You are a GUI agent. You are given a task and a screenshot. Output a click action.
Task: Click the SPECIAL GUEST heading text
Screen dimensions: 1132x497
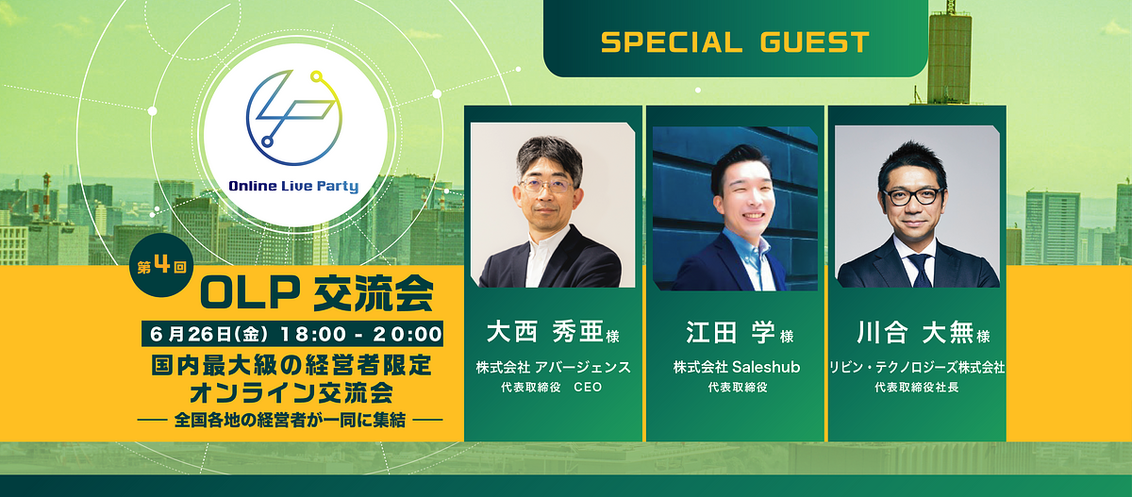coord(735,41)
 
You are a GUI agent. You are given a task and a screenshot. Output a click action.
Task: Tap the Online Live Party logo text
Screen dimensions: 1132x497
coord(293,186)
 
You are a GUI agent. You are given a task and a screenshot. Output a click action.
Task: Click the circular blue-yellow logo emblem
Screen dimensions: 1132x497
coord(293,118)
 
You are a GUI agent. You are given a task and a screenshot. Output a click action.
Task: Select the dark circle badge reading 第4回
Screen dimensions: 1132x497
coord(161,265)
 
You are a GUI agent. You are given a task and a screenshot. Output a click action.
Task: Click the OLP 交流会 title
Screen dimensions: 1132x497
coord(317,294)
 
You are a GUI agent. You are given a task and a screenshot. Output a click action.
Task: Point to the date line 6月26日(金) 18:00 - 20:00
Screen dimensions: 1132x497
coord(292,334)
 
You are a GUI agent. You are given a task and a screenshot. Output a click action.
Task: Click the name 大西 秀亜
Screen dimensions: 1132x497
coord(545,332)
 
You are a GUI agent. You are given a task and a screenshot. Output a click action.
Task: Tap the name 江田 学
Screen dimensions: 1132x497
coord(730,332)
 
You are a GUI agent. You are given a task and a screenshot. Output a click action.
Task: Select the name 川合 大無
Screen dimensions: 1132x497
coord(915,332)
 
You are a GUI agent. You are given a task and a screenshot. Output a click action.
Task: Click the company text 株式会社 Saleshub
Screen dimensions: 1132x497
coord(737,367)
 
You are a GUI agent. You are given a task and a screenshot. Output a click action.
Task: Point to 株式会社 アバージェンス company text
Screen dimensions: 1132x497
coord(554,367)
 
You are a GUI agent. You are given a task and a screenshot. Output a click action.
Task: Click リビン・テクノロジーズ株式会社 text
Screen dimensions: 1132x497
coord(917,367)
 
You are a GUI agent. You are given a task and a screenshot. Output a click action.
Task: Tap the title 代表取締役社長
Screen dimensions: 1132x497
coord(917,388)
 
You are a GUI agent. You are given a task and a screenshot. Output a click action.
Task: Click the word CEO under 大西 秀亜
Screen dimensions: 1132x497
coord(588,388)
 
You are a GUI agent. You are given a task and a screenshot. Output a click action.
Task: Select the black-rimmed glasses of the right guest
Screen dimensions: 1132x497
coord(913,196)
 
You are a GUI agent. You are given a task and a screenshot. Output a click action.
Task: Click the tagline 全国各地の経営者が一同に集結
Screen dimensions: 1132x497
coord(290,420)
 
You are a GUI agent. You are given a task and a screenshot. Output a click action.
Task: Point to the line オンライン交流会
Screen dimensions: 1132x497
coord(291,393)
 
